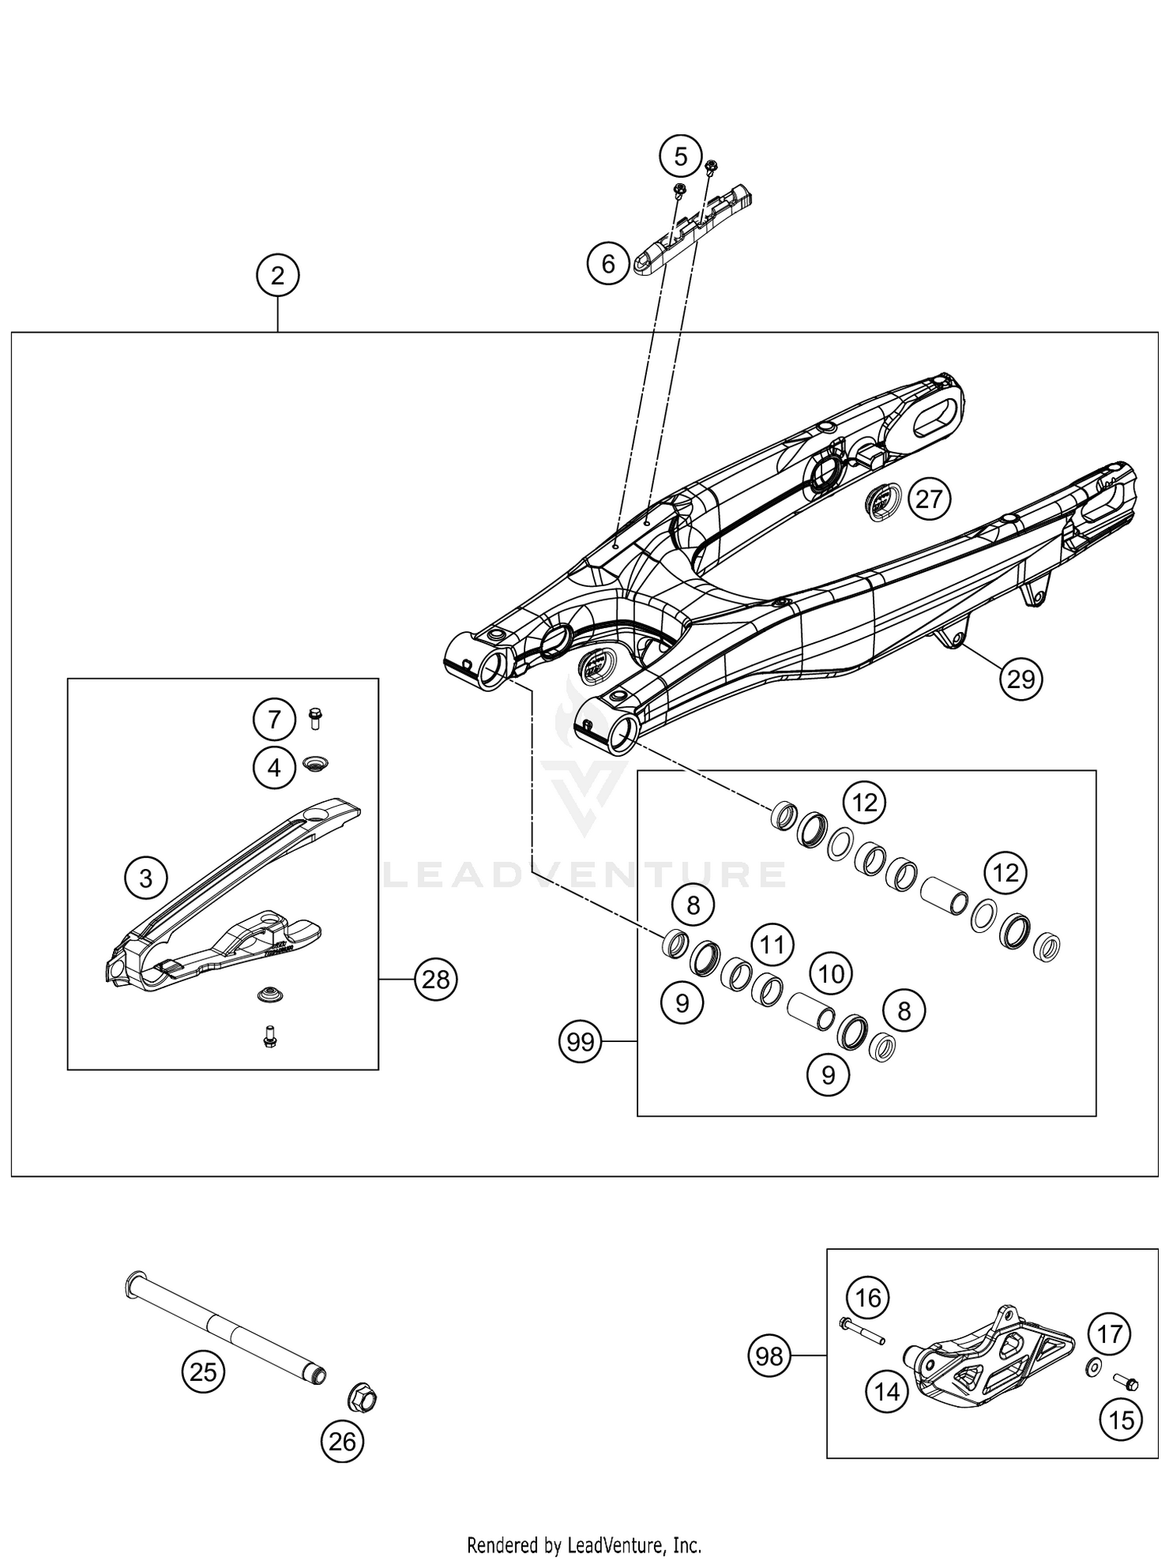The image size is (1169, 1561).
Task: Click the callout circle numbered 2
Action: tap(277, 276)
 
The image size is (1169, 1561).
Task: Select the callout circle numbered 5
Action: tap(680, 157)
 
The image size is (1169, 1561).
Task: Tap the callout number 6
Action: tap(609, 264)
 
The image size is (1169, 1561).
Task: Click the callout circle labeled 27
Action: tap(929, 499)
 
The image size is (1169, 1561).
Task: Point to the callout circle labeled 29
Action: tap(1021, 680)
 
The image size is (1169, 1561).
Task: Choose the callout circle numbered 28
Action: tap(436, 979)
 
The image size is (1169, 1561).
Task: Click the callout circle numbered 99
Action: tap(581, 1042)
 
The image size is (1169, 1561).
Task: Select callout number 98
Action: tap(769, 1357)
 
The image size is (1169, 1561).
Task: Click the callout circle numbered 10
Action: tap(832, 973)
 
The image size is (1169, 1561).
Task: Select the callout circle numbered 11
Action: tap(772, 945)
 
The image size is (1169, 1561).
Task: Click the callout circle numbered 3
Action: tap(146, 878)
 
